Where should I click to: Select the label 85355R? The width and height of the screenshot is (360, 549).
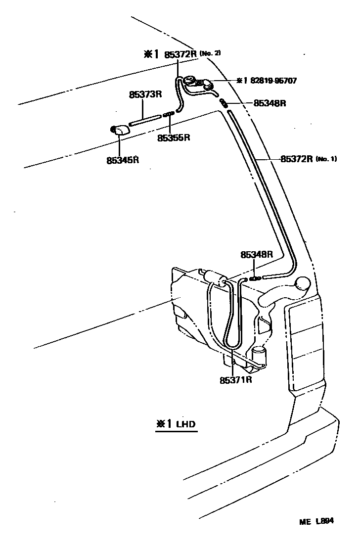click(174, 137)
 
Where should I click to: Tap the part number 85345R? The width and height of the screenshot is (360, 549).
click(122, 160)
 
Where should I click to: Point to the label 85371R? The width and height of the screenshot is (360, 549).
click(236, 380)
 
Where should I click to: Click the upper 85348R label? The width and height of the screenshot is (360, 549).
click(270, 103)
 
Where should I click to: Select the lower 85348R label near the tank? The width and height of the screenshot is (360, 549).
click(257, 255)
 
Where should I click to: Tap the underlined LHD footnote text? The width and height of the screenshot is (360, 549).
click(185, 424)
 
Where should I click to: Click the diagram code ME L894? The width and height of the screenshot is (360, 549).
click(316, 521)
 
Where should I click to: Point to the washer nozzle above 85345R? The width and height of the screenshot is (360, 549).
click(120, 130)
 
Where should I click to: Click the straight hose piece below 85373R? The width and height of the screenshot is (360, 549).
click(145, 119)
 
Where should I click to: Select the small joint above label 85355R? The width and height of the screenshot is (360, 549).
click(169, 113)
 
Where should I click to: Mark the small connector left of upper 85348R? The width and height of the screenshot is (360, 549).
click(224, 102)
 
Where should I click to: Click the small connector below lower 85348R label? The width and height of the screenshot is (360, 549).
click(255, 278)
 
